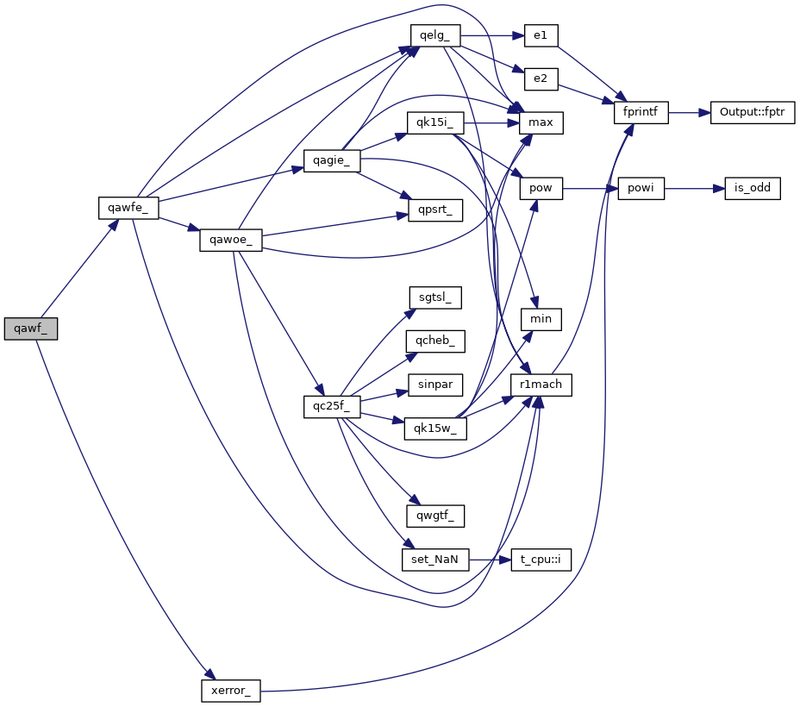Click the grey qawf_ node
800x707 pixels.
pos(31,328)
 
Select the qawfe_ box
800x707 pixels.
pos(128,207)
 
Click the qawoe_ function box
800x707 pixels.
pos(231,240)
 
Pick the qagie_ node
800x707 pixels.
pos(331,161)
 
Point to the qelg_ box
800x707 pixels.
pos(435,35)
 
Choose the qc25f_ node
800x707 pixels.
pos(331,407)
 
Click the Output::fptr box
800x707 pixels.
pos(753,113)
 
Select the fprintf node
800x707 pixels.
pos(641,113)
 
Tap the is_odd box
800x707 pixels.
pos(753,189)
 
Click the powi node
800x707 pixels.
pos(641,189)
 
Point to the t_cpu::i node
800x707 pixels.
pos(541,560)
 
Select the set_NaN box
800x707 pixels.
pos(435,560)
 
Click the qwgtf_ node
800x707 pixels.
pos(435,516)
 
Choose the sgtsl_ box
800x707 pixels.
pos(435,297)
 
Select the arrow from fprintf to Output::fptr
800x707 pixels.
pos(689,113)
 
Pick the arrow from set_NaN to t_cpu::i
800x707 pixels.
pos(490,560)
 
